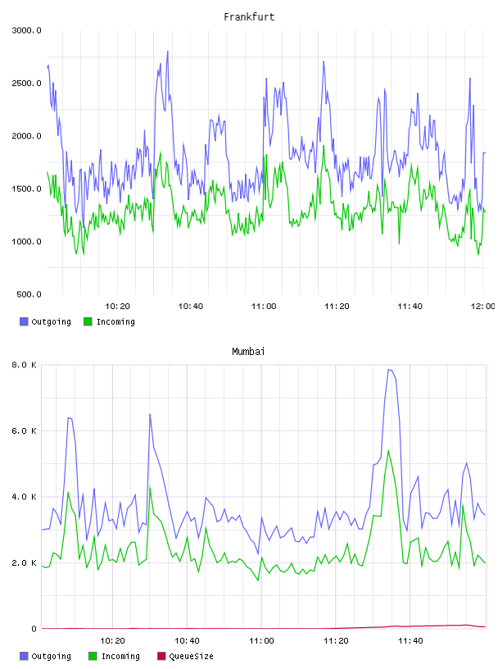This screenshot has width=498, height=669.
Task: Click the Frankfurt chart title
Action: click(249, 17)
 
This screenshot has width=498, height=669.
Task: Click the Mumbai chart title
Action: click(248, 351)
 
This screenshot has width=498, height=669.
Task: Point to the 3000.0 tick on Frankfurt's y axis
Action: click(26, 30)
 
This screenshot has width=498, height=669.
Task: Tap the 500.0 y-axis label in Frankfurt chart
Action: click(29, 294)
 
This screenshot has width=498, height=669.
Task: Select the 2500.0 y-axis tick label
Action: click(26, 83)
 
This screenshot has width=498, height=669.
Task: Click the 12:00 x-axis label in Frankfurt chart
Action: click(482, 306)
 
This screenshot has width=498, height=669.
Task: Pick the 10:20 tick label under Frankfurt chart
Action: click(117, 306)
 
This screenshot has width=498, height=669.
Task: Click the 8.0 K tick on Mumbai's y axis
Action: click(24, 365)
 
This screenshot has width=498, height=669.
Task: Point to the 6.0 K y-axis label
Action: click(24, 431)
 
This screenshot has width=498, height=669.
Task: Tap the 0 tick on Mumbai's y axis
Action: click(34, 629)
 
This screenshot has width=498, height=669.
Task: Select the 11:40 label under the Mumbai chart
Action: click(410, 640)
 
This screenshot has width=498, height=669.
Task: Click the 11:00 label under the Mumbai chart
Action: click(261, 640)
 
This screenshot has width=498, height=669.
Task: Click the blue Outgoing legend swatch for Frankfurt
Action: click(24, 321)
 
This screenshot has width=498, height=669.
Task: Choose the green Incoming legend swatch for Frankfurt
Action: click(88, 321)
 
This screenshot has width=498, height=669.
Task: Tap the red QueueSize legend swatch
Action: click(161, 656)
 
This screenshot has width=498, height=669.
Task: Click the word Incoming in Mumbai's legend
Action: click(120, 656)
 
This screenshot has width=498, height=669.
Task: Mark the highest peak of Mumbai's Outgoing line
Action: click(388, 370)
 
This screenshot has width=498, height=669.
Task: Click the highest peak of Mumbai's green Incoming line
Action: click(388, 451)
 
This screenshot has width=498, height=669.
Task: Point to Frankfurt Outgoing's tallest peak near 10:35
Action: click(168, 51)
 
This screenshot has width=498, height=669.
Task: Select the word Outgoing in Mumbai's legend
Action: click(51, 656)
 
